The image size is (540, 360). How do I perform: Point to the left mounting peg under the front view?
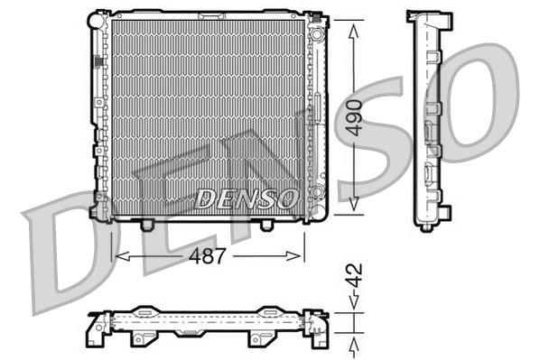(x=148, y=223)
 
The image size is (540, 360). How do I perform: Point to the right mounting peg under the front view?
(x=266, y=223)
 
